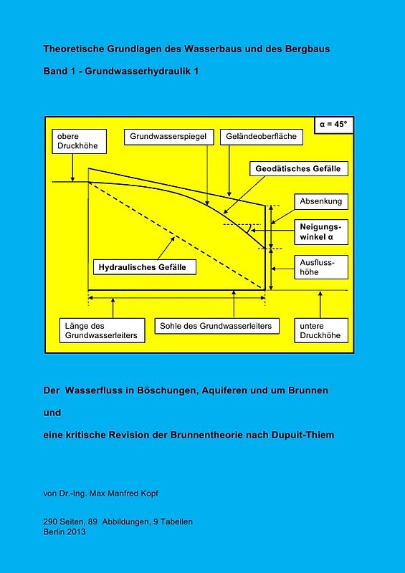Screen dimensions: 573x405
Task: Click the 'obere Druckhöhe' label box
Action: (79, 141)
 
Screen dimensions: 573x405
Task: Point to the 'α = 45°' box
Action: (333, 124)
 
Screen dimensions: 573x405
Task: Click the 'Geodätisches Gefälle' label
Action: (302, 170)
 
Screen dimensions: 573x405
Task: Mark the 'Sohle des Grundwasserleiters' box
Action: (216, 326)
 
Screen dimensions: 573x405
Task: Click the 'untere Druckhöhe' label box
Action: (320, 330)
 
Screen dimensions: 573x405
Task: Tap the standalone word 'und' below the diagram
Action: (52, 413)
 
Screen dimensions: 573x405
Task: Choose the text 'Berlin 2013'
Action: (65, 531)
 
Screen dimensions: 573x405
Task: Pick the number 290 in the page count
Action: (50, 521)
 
